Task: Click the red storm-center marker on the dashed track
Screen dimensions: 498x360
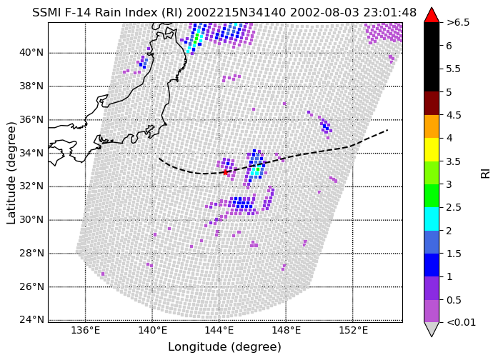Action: (x=226, y=172)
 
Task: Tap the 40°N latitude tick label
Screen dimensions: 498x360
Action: (x=31, y=52)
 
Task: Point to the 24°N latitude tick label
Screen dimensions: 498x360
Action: (x=31, y=319)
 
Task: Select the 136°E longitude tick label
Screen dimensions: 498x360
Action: (x=86, y=331)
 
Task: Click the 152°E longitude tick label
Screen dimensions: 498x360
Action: (x=353, y=331)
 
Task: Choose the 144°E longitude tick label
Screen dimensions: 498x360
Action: (x=219, y=331)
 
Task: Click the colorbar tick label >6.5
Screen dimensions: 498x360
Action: (x=458, y=23)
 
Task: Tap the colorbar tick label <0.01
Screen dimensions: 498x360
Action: (x=461, y=323)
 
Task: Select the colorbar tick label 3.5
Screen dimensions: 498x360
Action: (x=453, y=161)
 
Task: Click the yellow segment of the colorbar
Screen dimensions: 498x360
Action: (x=432, y=149)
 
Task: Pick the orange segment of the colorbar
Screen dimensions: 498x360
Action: (x=432, y=126)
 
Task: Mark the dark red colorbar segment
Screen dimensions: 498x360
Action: (x=432, y=103)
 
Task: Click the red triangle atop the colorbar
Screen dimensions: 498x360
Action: (x=432, y=16)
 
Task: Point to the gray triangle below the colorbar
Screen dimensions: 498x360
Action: (x=432, y=329)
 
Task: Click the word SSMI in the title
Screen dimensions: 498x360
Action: (x=44, y=13)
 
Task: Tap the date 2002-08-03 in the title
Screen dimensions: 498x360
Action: (x=322, y=13)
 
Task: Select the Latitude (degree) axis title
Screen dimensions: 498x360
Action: (x=11, y=172)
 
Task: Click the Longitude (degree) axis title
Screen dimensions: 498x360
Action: (x=225, y=347)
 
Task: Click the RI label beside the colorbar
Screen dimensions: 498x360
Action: (x=486, y=174)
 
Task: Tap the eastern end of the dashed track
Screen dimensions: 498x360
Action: (x=387, y=130)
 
